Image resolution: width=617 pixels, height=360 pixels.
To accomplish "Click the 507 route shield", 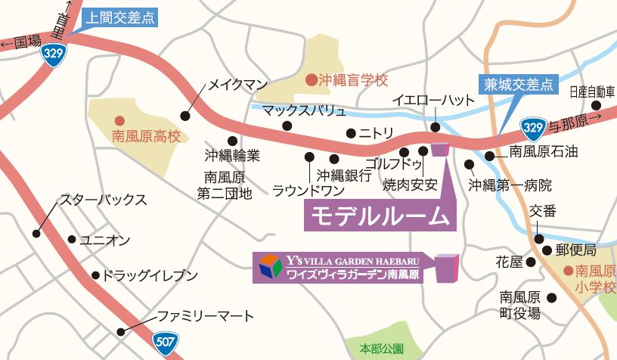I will pos(163,340).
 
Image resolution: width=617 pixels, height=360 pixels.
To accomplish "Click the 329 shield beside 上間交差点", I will pos(54,52).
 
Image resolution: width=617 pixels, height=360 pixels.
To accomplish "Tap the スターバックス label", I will pos(103,200).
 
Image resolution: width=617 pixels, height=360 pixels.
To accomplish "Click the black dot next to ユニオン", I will pos(72,240).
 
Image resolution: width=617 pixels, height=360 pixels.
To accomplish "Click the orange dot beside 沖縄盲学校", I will pos(311,79).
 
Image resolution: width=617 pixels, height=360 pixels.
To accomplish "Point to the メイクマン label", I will pos(238,83).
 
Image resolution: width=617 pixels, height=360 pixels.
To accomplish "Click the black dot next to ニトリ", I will pos(351,134).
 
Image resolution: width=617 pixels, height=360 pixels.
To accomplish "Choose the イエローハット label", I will pos(433,101).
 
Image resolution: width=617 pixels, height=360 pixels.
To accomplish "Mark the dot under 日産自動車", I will pos(597,106).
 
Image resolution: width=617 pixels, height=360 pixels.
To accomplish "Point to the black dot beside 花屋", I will pos(531,262).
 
